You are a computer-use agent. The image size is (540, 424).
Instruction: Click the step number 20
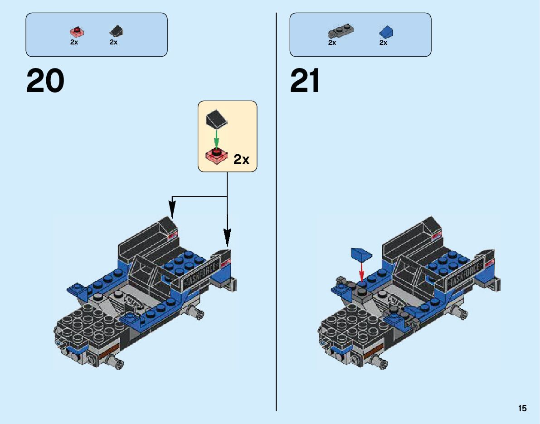pos(45,82)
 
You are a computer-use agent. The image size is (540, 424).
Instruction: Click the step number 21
pos(305,82)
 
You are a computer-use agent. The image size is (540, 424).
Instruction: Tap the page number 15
pos(522,409)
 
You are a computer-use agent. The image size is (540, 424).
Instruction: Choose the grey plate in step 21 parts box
pos(340,32)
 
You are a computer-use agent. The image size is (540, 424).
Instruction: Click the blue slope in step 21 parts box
pos(386,32)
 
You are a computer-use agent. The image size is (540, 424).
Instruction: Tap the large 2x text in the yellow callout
pos(241,160)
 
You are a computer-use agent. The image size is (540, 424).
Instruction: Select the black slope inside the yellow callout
pos(216,118)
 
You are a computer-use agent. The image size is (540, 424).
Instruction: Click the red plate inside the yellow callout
pos(216,156)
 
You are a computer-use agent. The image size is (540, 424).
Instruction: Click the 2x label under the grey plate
pos(332,43)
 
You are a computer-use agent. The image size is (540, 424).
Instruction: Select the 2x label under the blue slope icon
pos(383,43)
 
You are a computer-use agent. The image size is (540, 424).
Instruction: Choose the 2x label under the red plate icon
pos(74,42)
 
